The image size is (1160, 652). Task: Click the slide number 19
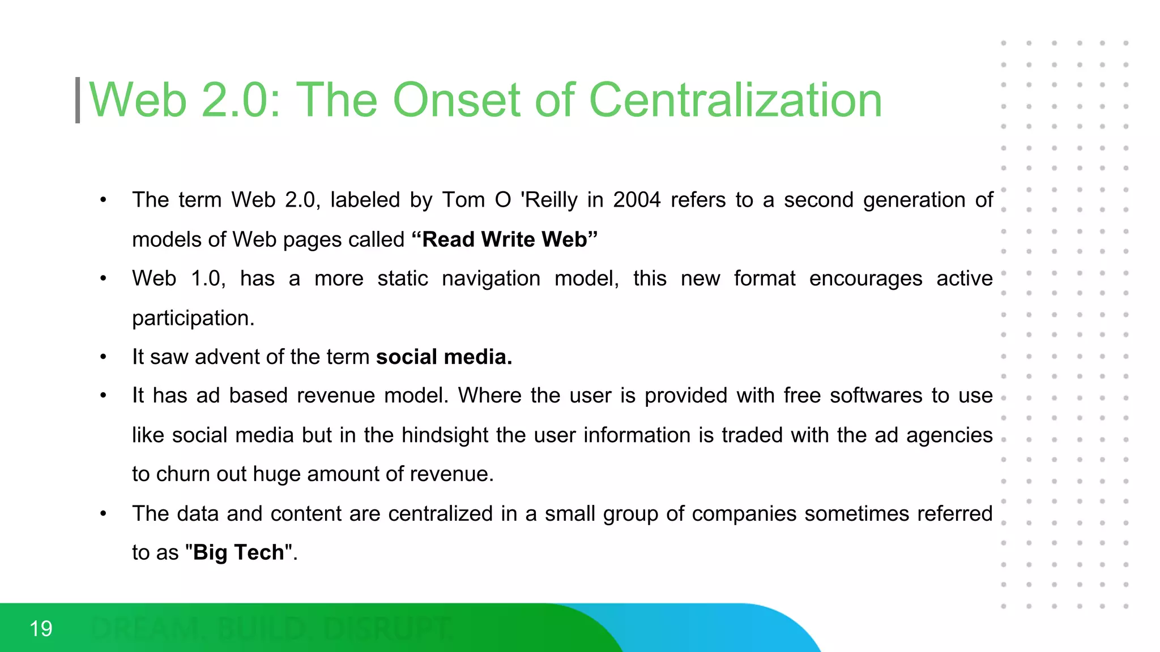pyautogui.click(x=41, y=629)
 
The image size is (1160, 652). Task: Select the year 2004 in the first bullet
pyautogui.click(x=637, y=200)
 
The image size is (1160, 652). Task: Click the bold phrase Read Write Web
pyautogui.click(x=504, y=239)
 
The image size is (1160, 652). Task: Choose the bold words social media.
pyautogui.click(x=443, y=357)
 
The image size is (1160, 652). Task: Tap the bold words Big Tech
pyautogui.click(x=238, y=552)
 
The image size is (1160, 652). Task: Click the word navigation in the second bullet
pyautogui.click(x=491, y=279)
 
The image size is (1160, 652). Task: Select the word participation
pyautogui.click(x=193, y=318)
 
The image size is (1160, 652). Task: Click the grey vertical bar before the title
pyautogui.click(x=78, y=100)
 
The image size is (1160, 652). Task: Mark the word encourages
pyautogui.click(x=865, y=279)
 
